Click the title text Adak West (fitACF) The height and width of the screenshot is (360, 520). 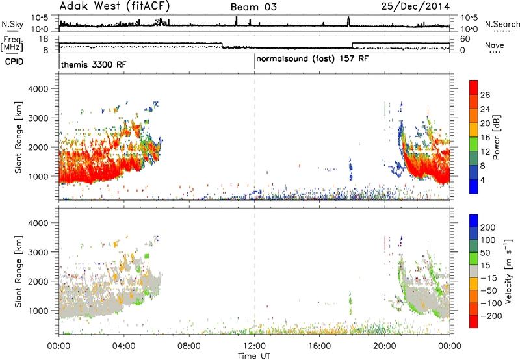pos(114,6)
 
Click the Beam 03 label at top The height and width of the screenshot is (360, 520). pos(253,7)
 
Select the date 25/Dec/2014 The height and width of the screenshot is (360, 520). pos(415,6)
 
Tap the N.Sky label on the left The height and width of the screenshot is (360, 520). pos(12,24)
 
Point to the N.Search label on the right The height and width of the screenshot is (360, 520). pos(502,24)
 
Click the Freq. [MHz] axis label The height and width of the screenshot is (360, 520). pos(12,44)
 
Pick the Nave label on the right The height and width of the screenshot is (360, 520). pos(495,45)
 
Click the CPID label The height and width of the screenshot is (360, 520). pos(14,62)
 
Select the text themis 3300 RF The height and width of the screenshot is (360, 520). pos(94,64)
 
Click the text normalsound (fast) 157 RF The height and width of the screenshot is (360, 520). pos(312,59)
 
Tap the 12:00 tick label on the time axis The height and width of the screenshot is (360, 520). pos(254,346)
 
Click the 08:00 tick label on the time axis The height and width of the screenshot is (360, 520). pos(189,346)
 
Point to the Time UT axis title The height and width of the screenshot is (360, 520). pos(254,356)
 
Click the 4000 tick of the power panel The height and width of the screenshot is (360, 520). pos(38,89)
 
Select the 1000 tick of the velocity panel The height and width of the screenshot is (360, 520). pos(38,311)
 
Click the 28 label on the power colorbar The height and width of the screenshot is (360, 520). pos(485,95)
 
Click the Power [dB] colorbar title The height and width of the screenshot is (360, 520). pos(497,137)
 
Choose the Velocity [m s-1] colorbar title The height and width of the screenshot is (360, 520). pos(508,271)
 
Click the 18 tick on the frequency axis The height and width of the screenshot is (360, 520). pos(44,39)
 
